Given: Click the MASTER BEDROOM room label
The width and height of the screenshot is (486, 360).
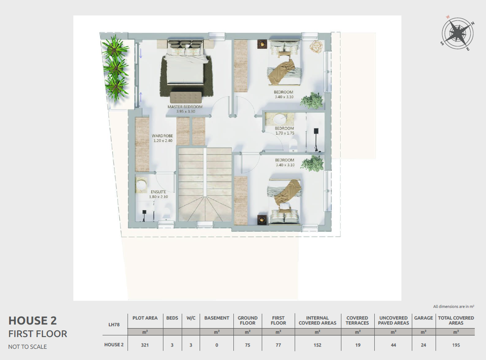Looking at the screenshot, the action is click(185, 107).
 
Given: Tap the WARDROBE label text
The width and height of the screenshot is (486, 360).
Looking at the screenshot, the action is click(163, 136).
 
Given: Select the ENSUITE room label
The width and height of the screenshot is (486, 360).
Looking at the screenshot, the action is click(158, 192).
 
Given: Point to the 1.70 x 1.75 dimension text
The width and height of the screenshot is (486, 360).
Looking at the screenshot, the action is click(285, 133).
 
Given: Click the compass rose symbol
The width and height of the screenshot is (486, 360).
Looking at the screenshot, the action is click(458, 33).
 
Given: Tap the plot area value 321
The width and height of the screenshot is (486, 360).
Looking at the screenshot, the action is click(145, 345).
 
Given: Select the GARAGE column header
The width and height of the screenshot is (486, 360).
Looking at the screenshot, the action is click(423, 318).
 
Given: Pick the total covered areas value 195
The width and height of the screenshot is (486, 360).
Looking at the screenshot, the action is click(456, 345).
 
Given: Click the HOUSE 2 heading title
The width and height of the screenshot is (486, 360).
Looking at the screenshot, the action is click(33, 321).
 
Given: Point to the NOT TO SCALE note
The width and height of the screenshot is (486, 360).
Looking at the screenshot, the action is click(28, 347).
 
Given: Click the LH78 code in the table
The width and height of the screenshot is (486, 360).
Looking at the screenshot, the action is click(114, 325).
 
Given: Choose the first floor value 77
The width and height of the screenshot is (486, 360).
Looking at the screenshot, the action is click(278, 345).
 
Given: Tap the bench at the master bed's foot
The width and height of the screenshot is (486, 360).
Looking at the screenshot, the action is click(185, 97).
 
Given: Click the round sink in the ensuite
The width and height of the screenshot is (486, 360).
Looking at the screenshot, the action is click(141, 185).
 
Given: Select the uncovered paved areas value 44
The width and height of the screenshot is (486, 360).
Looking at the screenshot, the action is click(393, 345).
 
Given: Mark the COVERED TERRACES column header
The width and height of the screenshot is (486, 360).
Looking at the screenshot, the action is click(357, 321).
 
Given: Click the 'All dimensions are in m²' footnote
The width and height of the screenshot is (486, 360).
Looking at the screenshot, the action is click(453, 307).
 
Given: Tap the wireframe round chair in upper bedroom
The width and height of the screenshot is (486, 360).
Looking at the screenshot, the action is click(316, 47).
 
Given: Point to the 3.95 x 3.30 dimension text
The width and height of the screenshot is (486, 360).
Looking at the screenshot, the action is click(185, 112).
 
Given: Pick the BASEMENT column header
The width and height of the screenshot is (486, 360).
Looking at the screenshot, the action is click(217, 318).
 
